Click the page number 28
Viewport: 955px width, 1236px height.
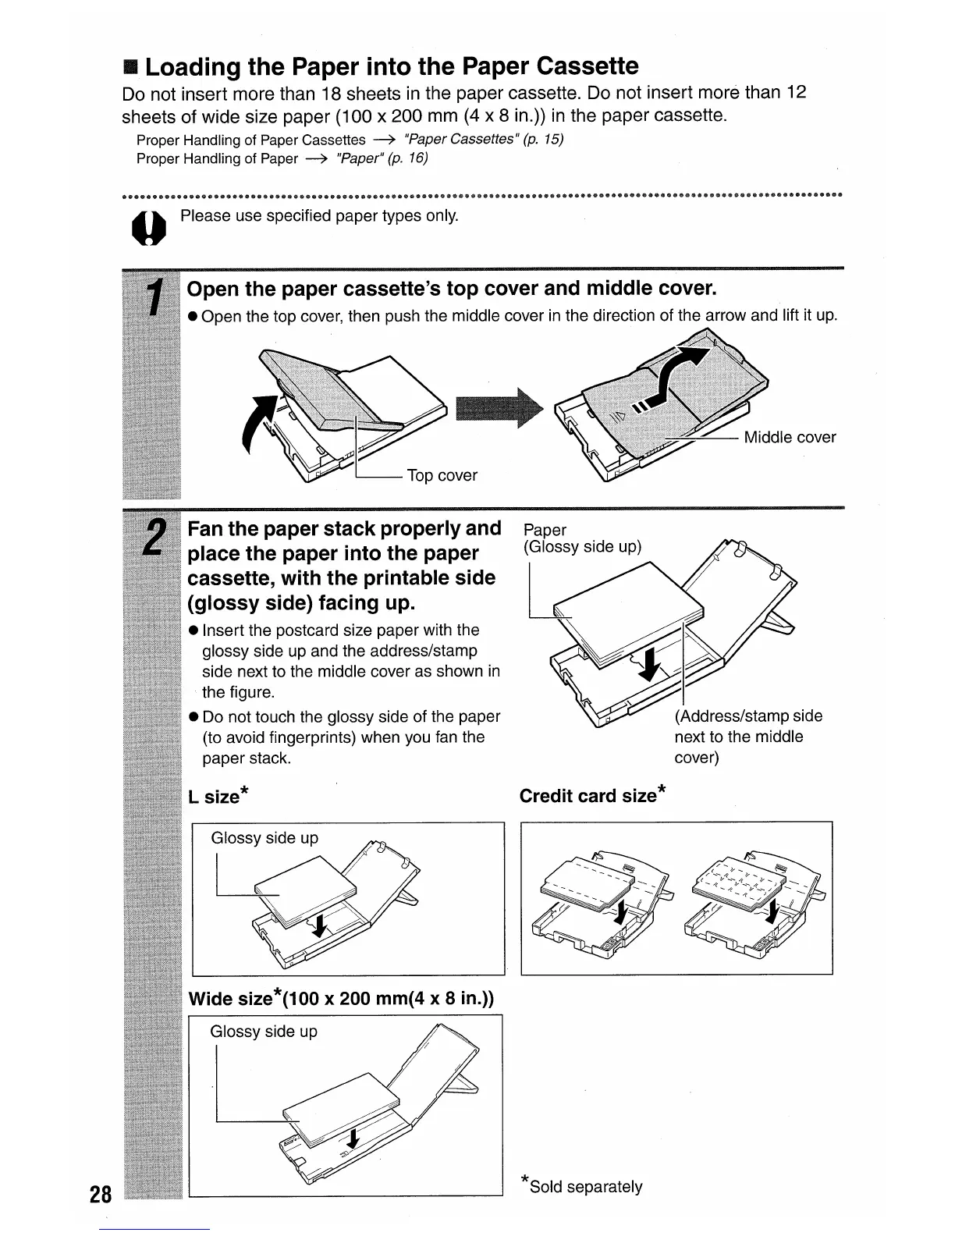coord(101,1194)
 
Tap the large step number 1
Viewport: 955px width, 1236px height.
coord(155,300)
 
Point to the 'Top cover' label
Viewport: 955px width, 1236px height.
coord(442,475)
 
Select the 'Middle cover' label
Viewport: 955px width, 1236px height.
coord(790,437)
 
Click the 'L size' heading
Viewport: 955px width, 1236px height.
coord(218,797)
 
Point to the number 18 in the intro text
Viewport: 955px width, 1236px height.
coord(332,94)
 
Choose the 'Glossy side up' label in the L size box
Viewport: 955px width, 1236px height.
coord(264,838)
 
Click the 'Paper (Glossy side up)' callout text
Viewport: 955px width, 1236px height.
coord(582,538)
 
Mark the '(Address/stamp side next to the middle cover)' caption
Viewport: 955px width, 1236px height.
coord(747,737)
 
